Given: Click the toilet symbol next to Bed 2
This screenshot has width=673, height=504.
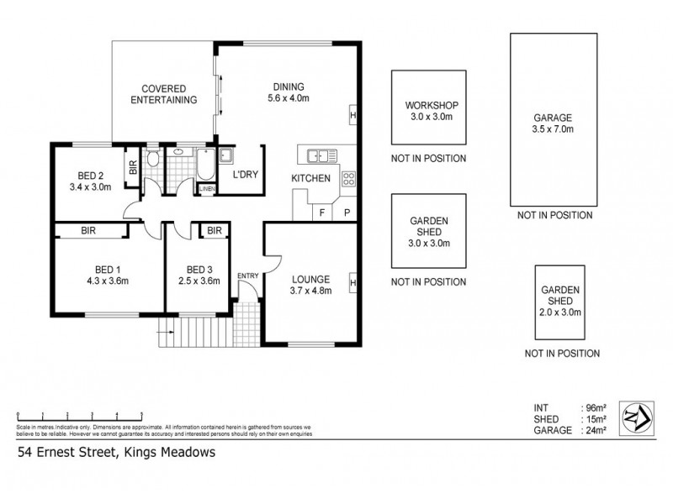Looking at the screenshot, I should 152,159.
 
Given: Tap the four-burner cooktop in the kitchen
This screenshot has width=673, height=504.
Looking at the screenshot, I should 348,177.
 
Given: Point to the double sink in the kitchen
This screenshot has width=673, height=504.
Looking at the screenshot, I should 321,155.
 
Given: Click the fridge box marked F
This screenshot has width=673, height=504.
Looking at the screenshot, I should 321,213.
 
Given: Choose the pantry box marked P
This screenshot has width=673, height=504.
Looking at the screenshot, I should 346,213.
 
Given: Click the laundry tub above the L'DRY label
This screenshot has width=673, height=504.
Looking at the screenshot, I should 226,155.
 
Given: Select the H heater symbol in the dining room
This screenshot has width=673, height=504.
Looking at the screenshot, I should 352,115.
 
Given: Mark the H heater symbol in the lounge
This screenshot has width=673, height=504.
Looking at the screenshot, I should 352,284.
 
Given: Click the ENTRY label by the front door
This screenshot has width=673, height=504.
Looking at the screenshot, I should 248,276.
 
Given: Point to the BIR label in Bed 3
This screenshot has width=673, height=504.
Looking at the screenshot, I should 215,230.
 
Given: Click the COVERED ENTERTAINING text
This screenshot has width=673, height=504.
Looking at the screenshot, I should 168,93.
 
